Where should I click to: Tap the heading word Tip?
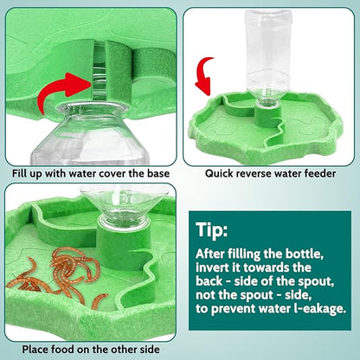pos(215,231)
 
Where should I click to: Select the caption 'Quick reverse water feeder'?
pos(270,174)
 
